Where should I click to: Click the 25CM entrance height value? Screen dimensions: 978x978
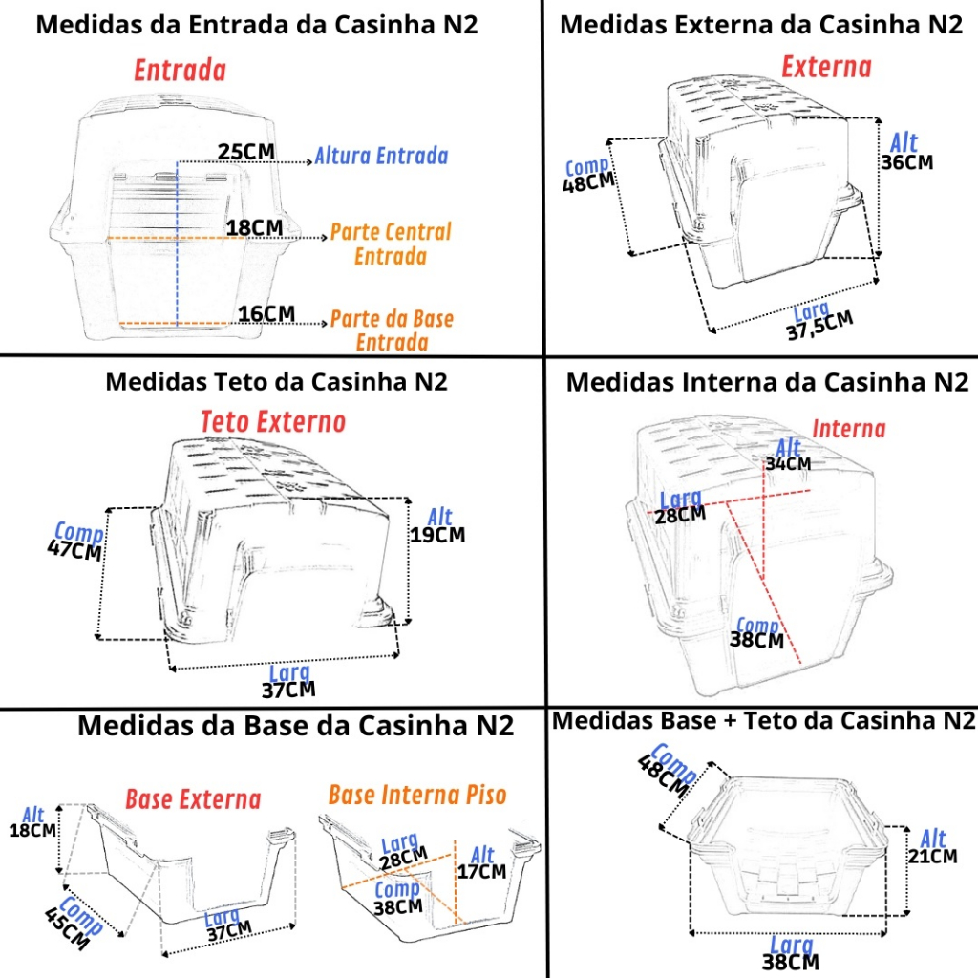click(245, 152)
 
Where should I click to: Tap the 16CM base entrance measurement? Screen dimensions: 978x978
click(266, 313)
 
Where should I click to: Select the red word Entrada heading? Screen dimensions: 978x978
click(181, 71)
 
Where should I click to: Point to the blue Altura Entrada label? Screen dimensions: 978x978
click(381, 156)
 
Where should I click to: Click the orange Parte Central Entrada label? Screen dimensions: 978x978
click(391, 244)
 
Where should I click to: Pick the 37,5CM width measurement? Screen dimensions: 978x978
click(819, 326)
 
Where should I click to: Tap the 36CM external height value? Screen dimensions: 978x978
click(907, 162)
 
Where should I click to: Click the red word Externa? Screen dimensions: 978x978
click(826, 67)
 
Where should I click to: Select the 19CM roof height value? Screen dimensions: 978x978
click(437, 535)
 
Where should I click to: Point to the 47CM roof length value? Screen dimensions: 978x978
click(74, 550)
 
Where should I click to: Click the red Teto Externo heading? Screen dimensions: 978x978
click(272, 421)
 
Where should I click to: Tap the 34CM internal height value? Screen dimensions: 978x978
click(788, 463)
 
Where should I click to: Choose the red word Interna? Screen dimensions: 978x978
click(849, 429)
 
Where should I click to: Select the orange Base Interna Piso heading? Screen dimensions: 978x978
click(417, 795)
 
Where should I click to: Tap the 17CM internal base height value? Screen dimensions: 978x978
click(481, 871)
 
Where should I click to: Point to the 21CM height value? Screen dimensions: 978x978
click(932, 856)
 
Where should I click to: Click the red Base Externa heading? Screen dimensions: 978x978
click(193, 799)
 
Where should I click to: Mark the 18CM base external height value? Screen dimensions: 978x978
click(32, 830)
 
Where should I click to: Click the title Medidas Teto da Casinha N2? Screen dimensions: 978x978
click(276, 382)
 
